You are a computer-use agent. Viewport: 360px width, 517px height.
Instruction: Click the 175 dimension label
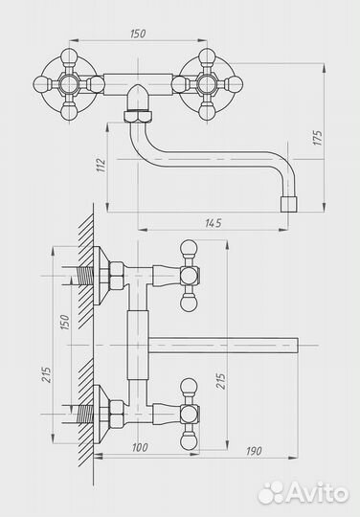(x=317, y=138)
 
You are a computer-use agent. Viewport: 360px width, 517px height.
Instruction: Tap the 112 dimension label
(x=101, y=166)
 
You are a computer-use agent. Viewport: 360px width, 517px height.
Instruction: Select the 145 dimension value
(x=214, y=223)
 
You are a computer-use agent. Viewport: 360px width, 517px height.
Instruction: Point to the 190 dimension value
(x=254, y=451)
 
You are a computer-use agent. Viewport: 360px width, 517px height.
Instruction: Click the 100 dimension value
(x=140, y=447)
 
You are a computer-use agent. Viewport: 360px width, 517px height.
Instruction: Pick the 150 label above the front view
(x=138, y=34)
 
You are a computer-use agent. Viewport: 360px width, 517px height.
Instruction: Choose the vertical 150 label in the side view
(x=64, y=322)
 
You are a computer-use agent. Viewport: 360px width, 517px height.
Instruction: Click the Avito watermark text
(x=317, y=493)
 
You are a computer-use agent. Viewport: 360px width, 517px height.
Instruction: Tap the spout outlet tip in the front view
(x=289, y=205)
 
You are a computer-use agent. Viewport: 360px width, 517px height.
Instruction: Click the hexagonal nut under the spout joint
(x=138, y=116)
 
